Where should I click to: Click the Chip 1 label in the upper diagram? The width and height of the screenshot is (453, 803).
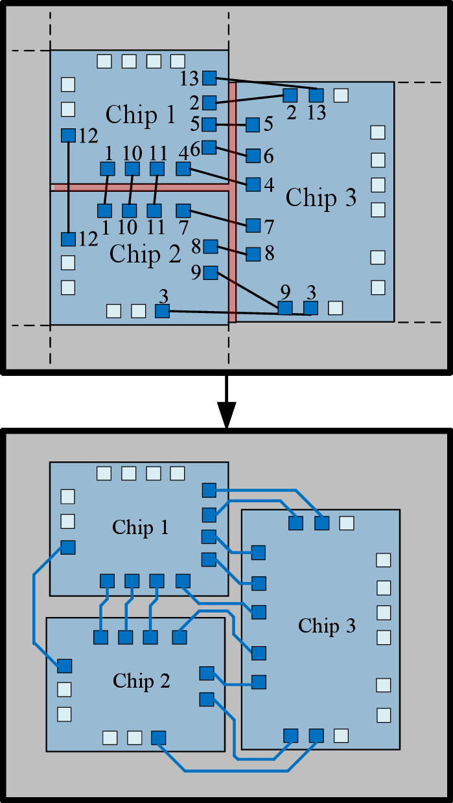coord(141,115)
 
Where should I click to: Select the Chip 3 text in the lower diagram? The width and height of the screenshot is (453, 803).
coord(327,625)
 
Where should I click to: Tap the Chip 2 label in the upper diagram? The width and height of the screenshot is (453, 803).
coord(145,254)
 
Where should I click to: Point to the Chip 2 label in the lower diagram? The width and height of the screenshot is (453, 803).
coord(141,681)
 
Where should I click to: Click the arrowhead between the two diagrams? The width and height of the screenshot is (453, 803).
coord(227,415)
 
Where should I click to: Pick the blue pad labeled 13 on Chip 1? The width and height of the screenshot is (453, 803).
coord(209,78)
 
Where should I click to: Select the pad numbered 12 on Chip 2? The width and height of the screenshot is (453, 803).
coord(68,239)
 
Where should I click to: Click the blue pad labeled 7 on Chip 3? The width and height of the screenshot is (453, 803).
coord(253,226)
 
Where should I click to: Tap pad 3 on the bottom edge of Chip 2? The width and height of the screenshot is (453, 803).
coord(162,311)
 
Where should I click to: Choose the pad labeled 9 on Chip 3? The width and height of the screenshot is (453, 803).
coord(285,308)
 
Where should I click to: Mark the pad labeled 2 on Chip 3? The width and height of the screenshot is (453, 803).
coord(290,95)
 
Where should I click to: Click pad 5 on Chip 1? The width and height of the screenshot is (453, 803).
coord(209,124)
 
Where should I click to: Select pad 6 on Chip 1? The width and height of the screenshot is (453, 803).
coord(209,147)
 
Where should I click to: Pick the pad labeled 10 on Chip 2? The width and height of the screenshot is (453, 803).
coord(130,211)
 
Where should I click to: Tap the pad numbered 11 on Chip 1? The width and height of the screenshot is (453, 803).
coord(157,169)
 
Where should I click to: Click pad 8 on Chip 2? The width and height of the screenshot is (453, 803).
coord(211,247)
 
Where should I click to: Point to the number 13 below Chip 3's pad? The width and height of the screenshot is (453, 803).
coord(317,113)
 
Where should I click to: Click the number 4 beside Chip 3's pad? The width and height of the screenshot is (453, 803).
coord(269,185)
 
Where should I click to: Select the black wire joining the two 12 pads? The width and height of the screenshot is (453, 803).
coord(69,187)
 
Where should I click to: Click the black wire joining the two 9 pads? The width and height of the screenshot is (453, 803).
coord(248,290)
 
